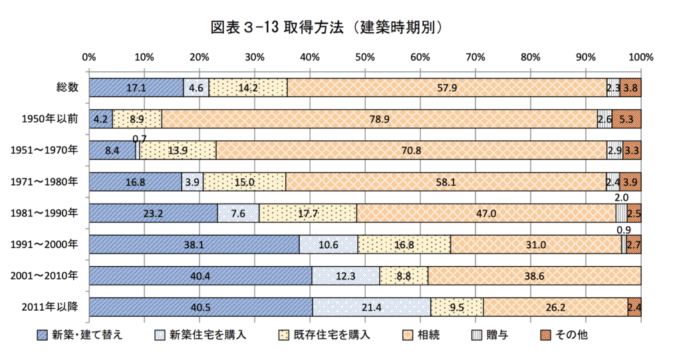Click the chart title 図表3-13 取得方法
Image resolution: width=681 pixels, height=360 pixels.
coord(326,27)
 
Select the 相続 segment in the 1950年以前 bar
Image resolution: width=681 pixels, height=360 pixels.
coord(379,119)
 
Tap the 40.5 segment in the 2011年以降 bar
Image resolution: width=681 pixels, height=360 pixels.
coord(200,307)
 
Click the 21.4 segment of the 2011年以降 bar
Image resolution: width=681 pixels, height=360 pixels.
coord(372,307)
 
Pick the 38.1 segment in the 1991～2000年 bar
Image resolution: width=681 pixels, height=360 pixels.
coord(194,244)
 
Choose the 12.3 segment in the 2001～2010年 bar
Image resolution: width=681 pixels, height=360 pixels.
coord(345,275)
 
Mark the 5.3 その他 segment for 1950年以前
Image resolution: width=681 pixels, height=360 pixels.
coord(626,119)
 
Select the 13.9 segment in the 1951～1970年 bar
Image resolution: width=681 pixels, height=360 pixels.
coord(178,150)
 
